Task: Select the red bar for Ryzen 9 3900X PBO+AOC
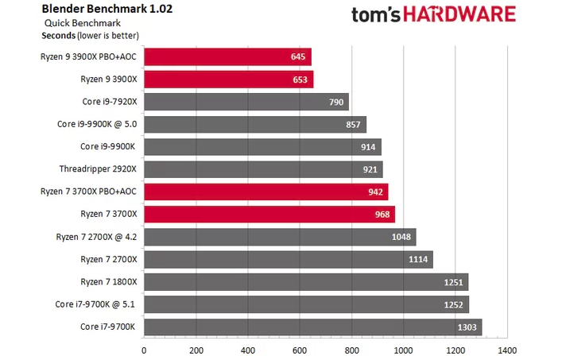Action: coord(227,56)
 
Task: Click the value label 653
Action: coord(299,79)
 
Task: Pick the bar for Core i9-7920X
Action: coord(246,102)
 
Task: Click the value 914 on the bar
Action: coord(369,147)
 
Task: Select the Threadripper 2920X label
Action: coord(98,169)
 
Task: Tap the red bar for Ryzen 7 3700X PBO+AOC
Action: coord(265,192)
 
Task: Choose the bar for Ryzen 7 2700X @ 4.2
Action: coord(279,237)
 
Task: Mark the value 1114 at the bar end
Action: coord(418,259)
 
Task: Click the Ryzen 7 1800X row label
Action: coord(108,281)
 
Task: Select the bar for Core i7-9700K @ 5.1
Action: coord(306,304)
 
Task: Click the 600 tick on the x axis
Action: coord(299,350)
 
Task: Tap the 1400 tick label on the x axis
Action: coord(506,350)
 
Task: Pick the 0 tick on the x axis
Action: coord(144,350)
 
